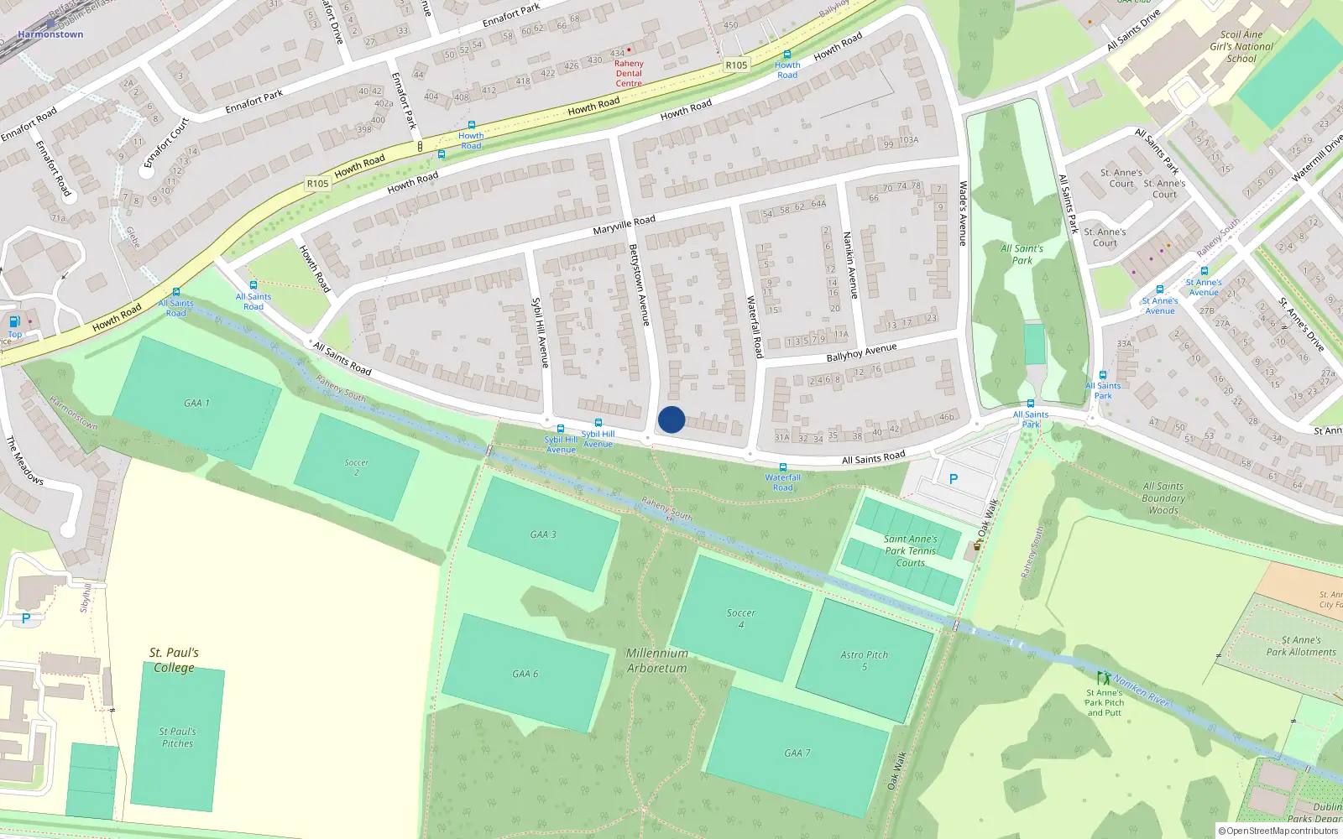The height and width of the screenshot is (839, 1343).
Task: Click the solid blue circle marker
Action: pyautogui.click(x=671, y=419)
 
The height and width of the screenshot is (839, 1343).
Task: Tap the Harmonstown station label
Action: pyautogui.click(x=50, y=34)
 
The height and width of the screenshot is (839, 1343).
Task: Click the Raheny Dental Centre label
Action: pyautogui.click(x=629, y=73)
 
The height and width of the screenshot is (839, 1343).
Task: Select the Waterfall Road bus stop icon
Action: pyautogui.click(x=783, y=467)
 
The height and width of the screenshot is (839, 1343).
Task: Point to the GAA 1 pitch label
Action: pyautogui.click(x=196, y=403)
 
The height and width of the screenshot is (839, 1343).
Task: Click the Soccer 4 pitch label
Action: pyautogui.click(x=741, y=618)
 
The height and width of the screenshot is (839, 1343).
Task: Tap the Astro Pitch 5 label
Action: pyautogui.click(x=864, y=660)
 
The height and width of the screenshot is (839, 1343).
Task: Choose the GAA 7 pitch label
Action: pyautogui.click(x=797, y=753)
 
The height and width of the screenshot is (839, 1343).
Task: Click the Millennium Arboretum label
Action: pyautogui.click(x=656, y=660)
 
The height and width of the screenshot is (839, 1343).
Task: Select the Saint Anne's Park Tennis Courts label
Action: pyautogui.click(x=910, y=551)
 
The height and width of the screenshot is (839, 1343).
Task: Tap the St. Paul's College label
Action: pyautogui.click(x=174, y=659)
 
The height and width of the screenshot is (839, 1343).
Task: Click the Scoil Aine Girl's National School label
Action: pyautogui.click(x=1241, y=47)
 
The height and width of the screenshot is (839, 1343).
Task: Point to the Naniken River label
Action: pyautogui.click(x=1142, y=690)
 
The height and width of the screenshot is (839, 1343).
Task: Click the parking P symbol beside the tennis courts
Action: pyautogui.click(x=953, y=479)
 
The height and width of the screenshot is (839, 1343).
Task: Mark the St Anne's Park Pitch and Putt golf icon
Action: pyautogui.click(x=1103, y=678)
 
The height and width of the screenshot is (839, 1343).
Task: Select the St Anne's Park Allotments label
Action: pyautogui.click(x=1301, y=646)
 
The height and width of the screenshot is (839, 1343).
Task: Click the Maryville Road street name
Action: pyautogui.click(x=624, y=225)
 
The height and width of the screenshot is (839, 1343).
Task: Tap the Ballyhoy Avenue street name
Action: pyautogui.click(x=861, y=352)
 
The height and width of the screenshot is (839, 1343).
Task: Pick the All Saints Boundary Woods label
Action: pyautogui.click(x=1163, y=498)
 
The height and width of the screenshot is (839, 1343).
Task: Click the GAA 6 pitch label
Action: pyautogui.click(x=525, y=674)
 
